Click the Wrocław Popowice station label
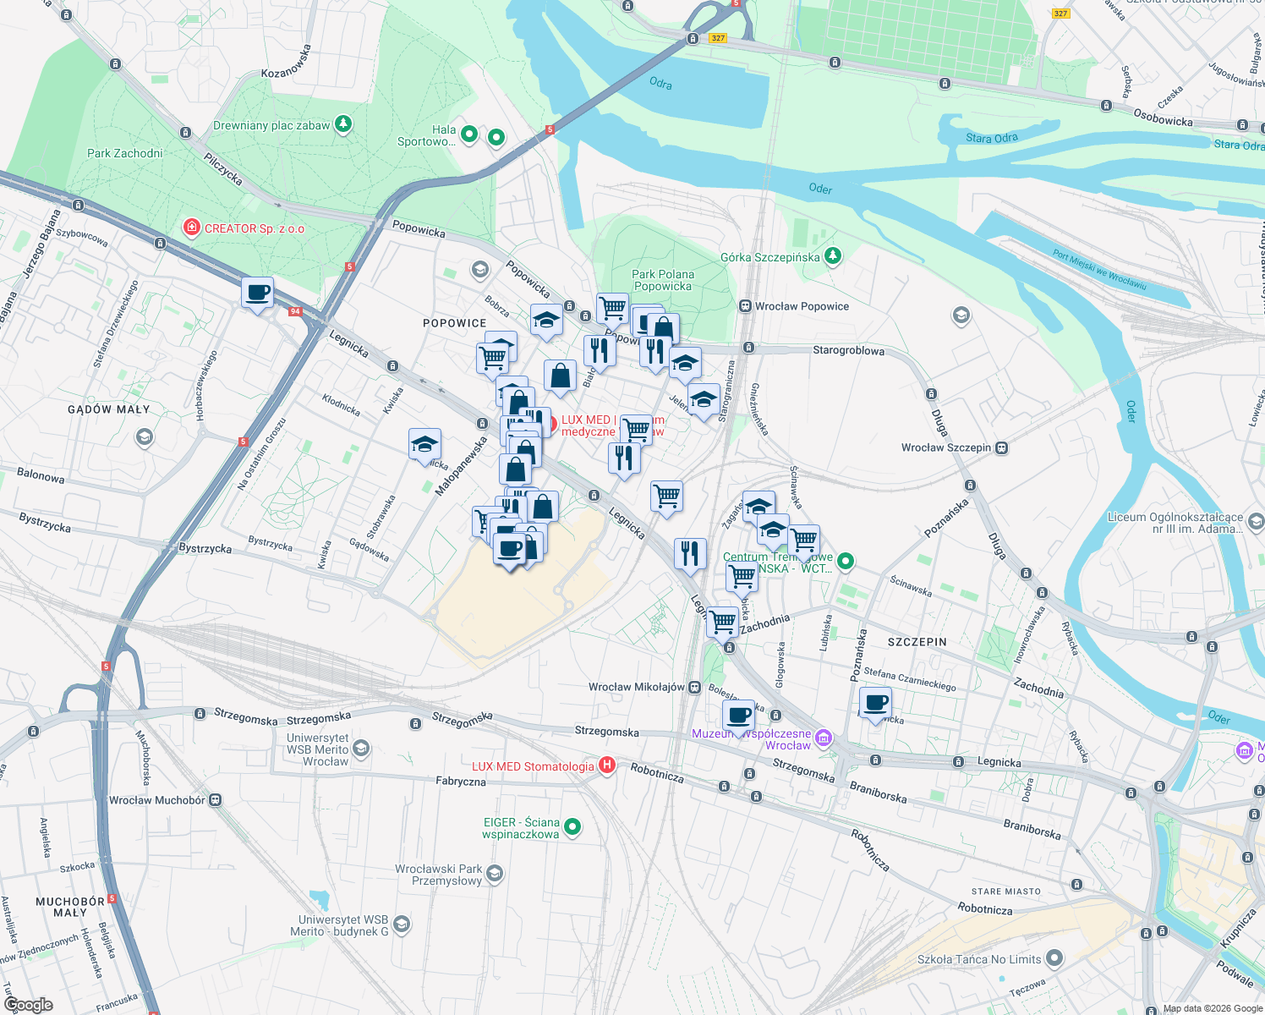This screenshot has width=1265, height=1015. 801,306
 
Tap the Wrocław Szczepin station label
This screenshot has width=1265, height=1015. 945,447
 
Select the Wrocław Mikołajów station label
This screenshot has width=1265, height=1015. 636,687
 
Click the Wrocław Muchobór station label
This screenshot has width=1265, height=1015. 157,800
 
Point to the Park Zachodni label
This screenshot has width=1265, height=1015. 124,153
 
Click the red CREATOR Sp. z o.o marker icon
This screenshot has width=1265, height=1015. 192,228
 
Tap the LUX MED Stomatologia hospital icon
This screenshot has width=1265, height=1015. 606,765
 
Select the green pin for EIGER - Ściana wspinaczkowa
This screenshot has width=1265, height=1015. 572,826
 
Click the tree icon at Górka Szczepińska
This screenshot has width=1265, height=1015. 833,255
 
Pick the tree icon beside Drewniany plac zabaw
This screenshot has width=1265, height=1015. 342,124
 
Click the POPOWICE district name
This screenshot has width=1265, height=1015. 454,323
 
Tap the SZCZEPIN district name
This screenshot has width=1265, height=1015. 917,642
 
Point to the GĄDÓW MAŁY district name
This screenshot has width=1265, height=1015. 108,409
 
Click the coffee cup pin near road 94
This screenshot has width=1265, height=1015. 257,294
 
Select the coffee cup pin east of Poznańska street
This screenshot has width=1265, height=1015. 875,703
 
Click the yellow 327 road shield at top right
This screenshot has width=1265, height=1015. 1060,14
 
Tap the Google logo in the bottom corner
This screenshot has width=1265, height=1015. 29,1004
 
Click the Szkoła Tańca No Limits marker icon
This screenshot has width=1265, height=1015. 1054,958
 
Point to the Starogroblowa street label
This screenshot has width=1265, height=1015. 848,350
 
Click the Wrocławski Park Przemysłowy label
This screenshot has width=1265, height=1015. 438,875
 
